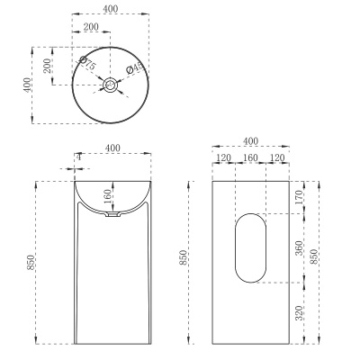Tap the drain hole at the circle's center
[x=111, y=85]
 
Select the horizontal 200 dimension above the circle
[x=92, y=29]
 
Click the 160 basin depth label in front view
[x=107, y=195]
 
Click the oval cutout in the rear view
[x=250, y=247]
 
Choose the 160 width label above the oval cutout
[x=250, y=158]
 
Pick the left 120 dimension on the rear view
[x=223, y=158]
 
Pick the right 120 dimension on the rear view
[x=277, y=158]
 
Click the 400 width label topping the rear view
[x=250, y=142]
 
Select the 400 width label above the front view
[x=112, y=147]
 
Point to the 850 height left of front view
[x=31, y=262]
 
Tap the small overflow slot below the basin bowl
[x=112, y=216]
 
